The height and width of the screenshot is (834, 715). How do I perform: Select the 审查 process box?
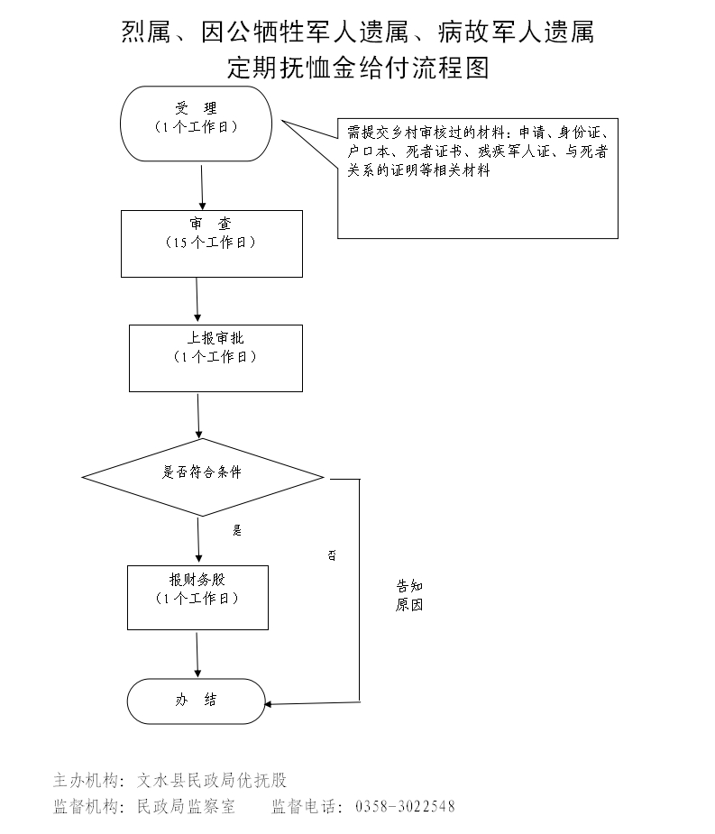click(x=212, y=243)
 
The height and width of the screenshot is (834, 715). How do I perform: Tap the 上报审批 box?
click(x=215, y=358)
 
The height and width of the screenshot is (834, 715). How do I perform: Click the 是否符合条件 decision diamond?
click(x=202, y=476)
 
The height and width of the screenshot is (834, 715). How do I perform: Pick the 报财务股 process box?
click(x=197, y=597)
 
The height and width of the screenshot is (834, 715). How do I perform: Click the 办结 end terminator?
click(x=196, y=701)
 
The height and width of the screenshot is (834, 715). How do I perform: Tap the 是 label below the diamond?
click(x=237, y=530)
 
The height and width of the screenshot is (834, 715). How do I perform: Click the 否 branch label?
click(x=332, y=555)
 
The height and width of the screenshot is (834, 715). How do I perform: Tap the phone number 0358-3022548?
click(x=406, y=806)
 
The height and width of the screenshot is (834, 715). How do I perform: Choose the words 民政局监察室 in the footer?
click(x=186, y=806)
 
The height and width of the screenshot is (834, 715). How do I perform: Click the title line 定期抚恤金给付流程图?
click(x=358, y=68)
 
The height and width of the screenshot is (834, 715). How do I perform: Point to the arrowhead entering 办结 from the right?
click(x=270, y=703)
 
